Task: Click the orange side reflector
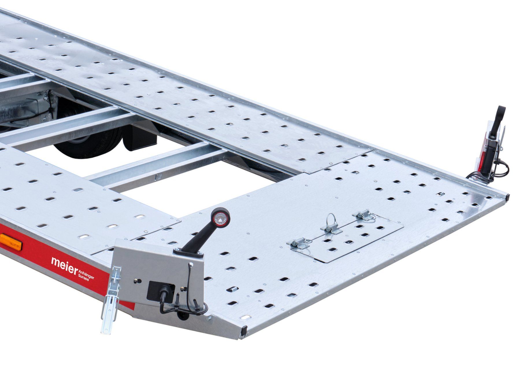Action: pyautogui.click(x=11, y=240)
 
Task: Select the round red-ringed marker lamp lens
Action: pyautogui.click(x=219, y=217)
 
